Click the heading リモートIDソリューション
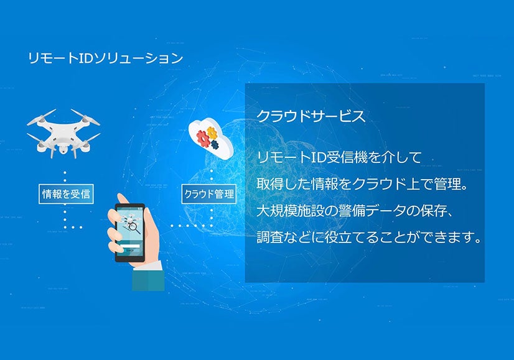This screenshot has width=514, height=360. [x=106, y=58]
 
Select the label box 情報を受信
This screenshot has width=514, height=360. [x=65, y=193]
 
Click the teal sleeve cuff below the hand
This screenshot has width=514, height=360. [x=149, y=279]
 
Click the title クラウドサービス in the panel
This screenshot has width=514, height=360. [x=311, y=116]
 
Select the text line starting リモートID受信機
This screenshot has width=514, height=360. [x=339, y=157]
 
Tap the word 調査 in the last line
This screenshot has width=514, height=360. [x=268, y=237]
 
